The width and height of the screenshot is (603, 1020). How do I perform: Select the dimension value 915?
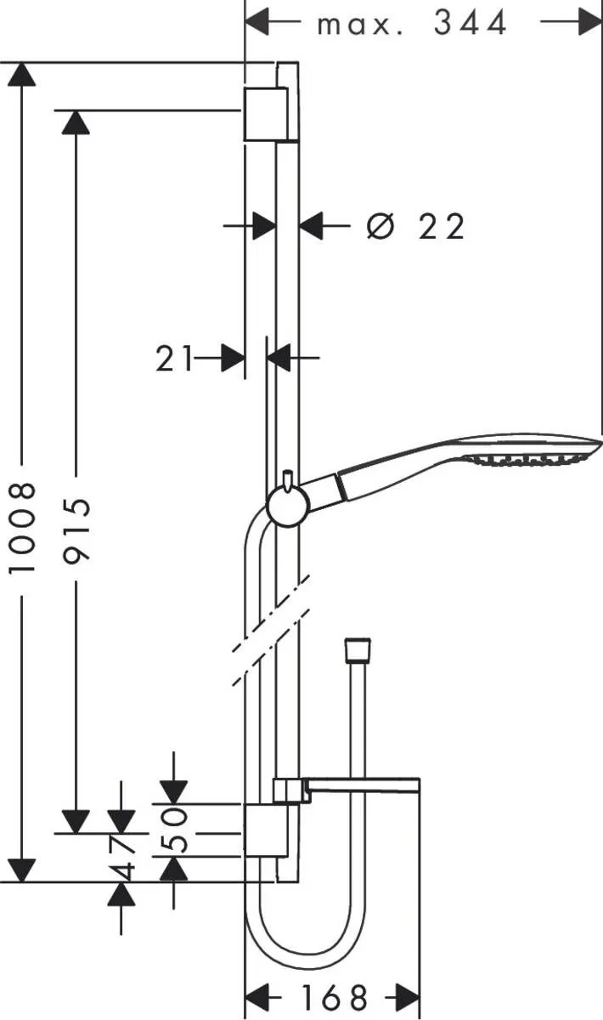(x=77, y=531)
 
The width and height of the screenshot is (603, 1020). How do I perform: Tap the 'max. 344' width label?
(x=412, y=24)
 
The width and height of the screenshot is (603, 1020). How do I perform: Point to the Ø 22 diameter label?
(x=416, y=227)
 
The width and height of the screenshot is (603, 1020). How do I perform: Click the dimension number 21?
(x=174, y=359)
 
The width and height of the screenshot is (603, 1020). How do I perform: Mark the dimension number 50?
(x=174, y=830)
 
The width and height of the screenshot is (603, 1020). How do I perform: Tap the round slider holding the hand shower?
(x=287, y=508)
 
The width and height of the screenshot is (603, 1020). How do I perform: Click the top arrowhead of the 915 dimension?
(x=76, y=122)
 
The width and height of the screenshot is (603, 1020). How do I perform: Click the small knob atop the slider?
(x=289, y=480)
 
